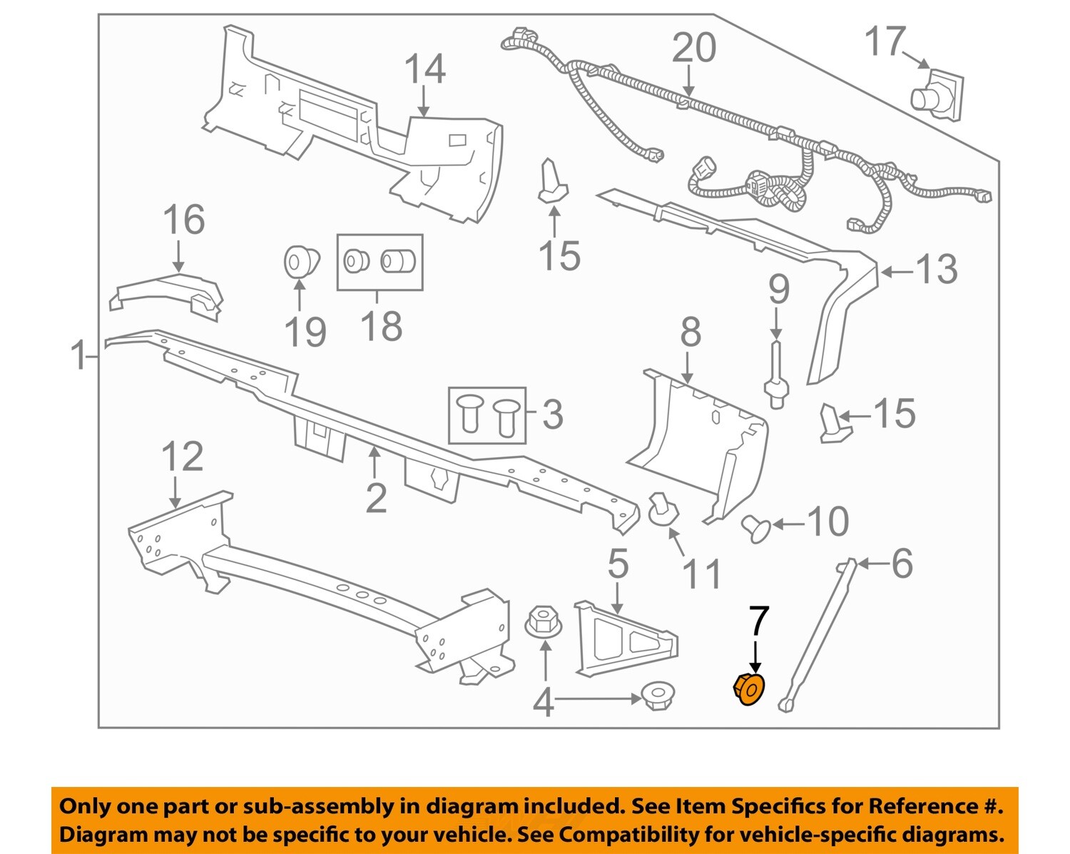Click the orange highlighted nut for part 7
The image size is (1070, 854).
tap(749, 690)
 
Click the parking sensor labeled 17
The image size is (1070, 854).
tap(936, 96)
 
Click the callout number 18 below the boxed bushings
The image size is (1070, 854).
tap(382, 326)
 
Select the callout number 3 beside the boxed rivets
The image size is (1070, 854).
tap(552, 415)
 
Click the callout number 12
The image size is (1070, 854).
tap(183, 457)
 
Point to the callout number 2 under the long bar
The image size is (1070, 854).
tap(376, 497)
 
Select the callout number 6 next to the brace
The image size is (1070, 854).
tap(902, 564)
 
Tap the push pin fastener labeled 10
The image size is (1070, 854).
tap(756, 528)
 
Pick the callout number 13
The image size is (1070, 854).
tap(936, 270)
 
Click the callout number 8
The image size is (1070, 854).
tap(690, 332)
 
